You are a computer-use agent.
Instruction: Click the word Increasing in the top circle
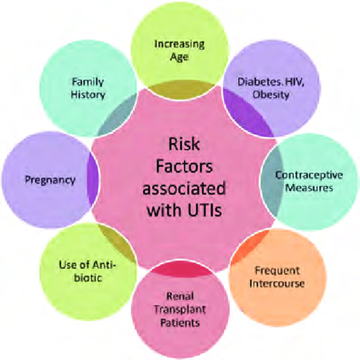point(179,44)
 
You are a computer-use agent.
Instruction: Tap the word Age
point(179,57)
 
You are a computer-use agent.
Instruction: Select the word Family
point(88,82)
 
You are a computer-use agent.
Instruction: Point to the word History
point(88,95)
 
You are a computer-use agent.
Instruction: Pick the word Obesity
point(271,95)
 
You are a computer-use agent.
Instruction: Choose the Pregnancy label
point(50,180)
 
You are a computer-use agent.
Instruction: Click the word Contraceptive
point(309,175)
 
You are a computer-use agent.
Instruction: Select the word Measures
point(309,188)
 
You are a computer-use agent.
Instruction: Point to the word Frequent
point(277,271)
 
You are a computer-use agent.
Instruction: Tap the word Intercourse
point(277,284)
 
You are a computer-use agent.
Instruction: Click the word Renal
point(180,296)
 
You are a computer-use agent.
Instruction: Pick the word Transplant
point(180,309)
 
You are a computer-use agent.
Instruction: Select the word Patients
point(180,323)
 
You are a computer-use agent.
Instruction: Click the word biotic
point(88,278)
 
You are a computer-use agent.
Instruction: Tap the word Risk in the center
point(184,144)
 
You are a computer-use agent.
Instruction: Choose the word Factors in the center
point(184,166)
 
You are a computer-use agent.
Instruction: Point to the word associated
point(184,188)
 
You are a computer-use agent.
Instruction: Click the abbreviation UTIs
point(205,210)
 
